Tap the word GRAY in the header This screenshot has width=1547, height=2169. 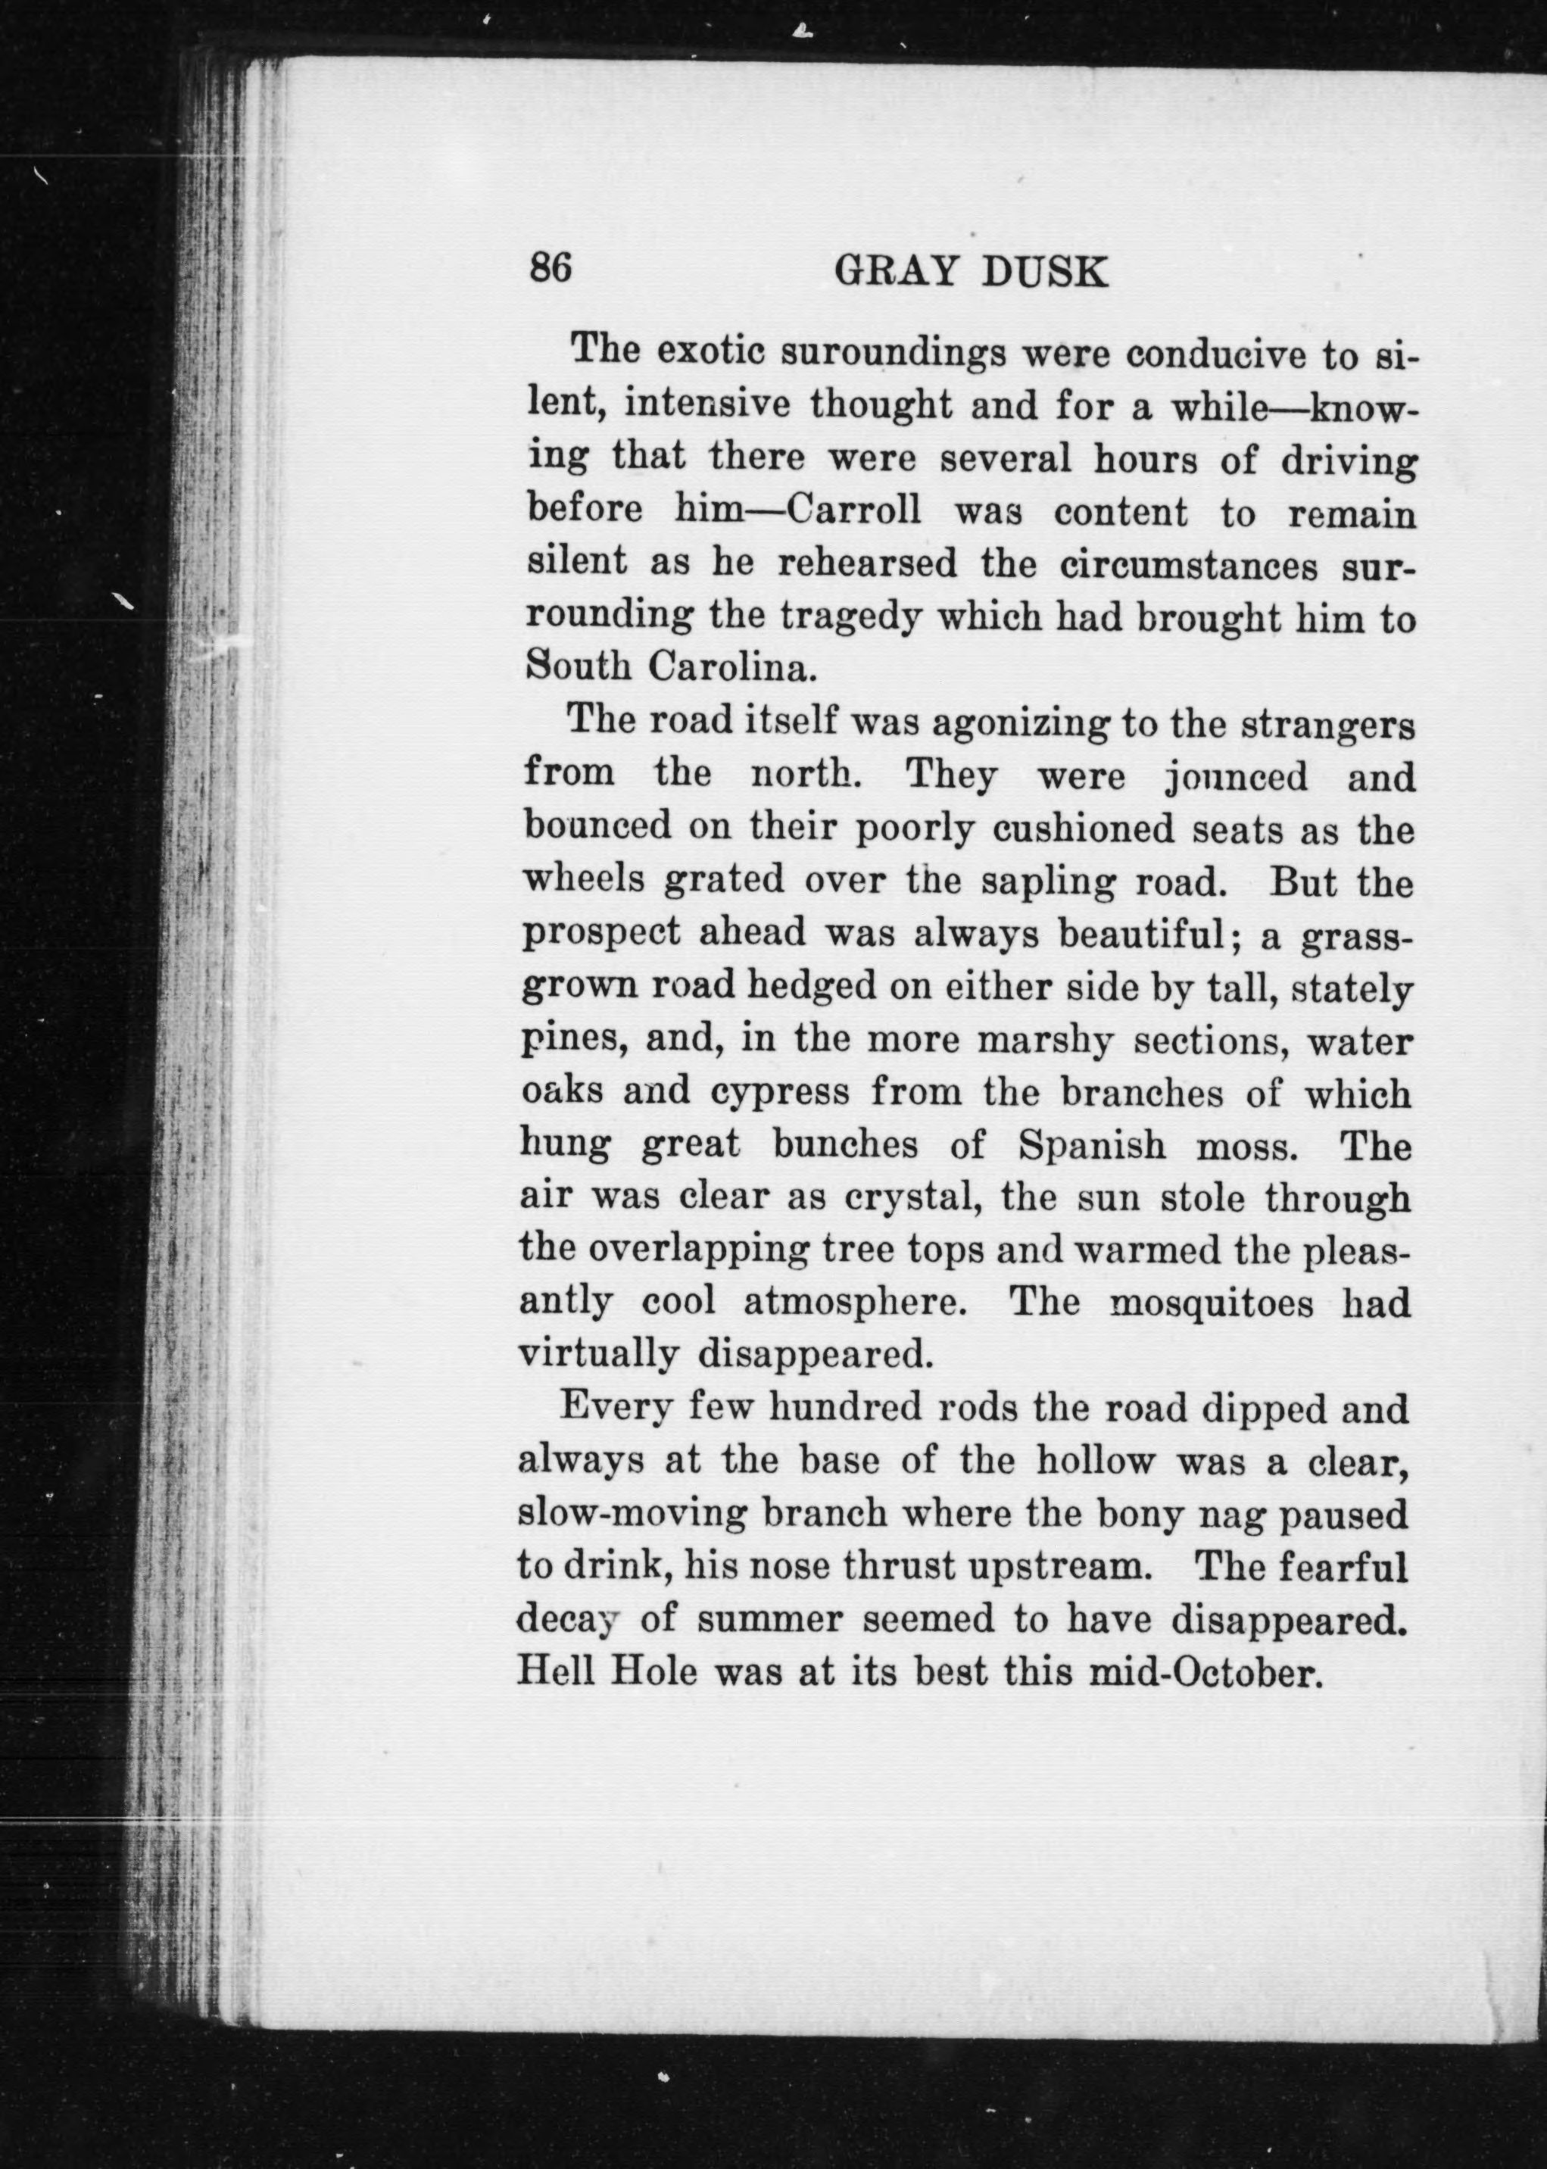pyautogui.click(x=894, y=273)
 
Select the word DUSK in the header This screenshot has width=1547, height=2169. pyautogui.click(x=1045, y=273)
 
